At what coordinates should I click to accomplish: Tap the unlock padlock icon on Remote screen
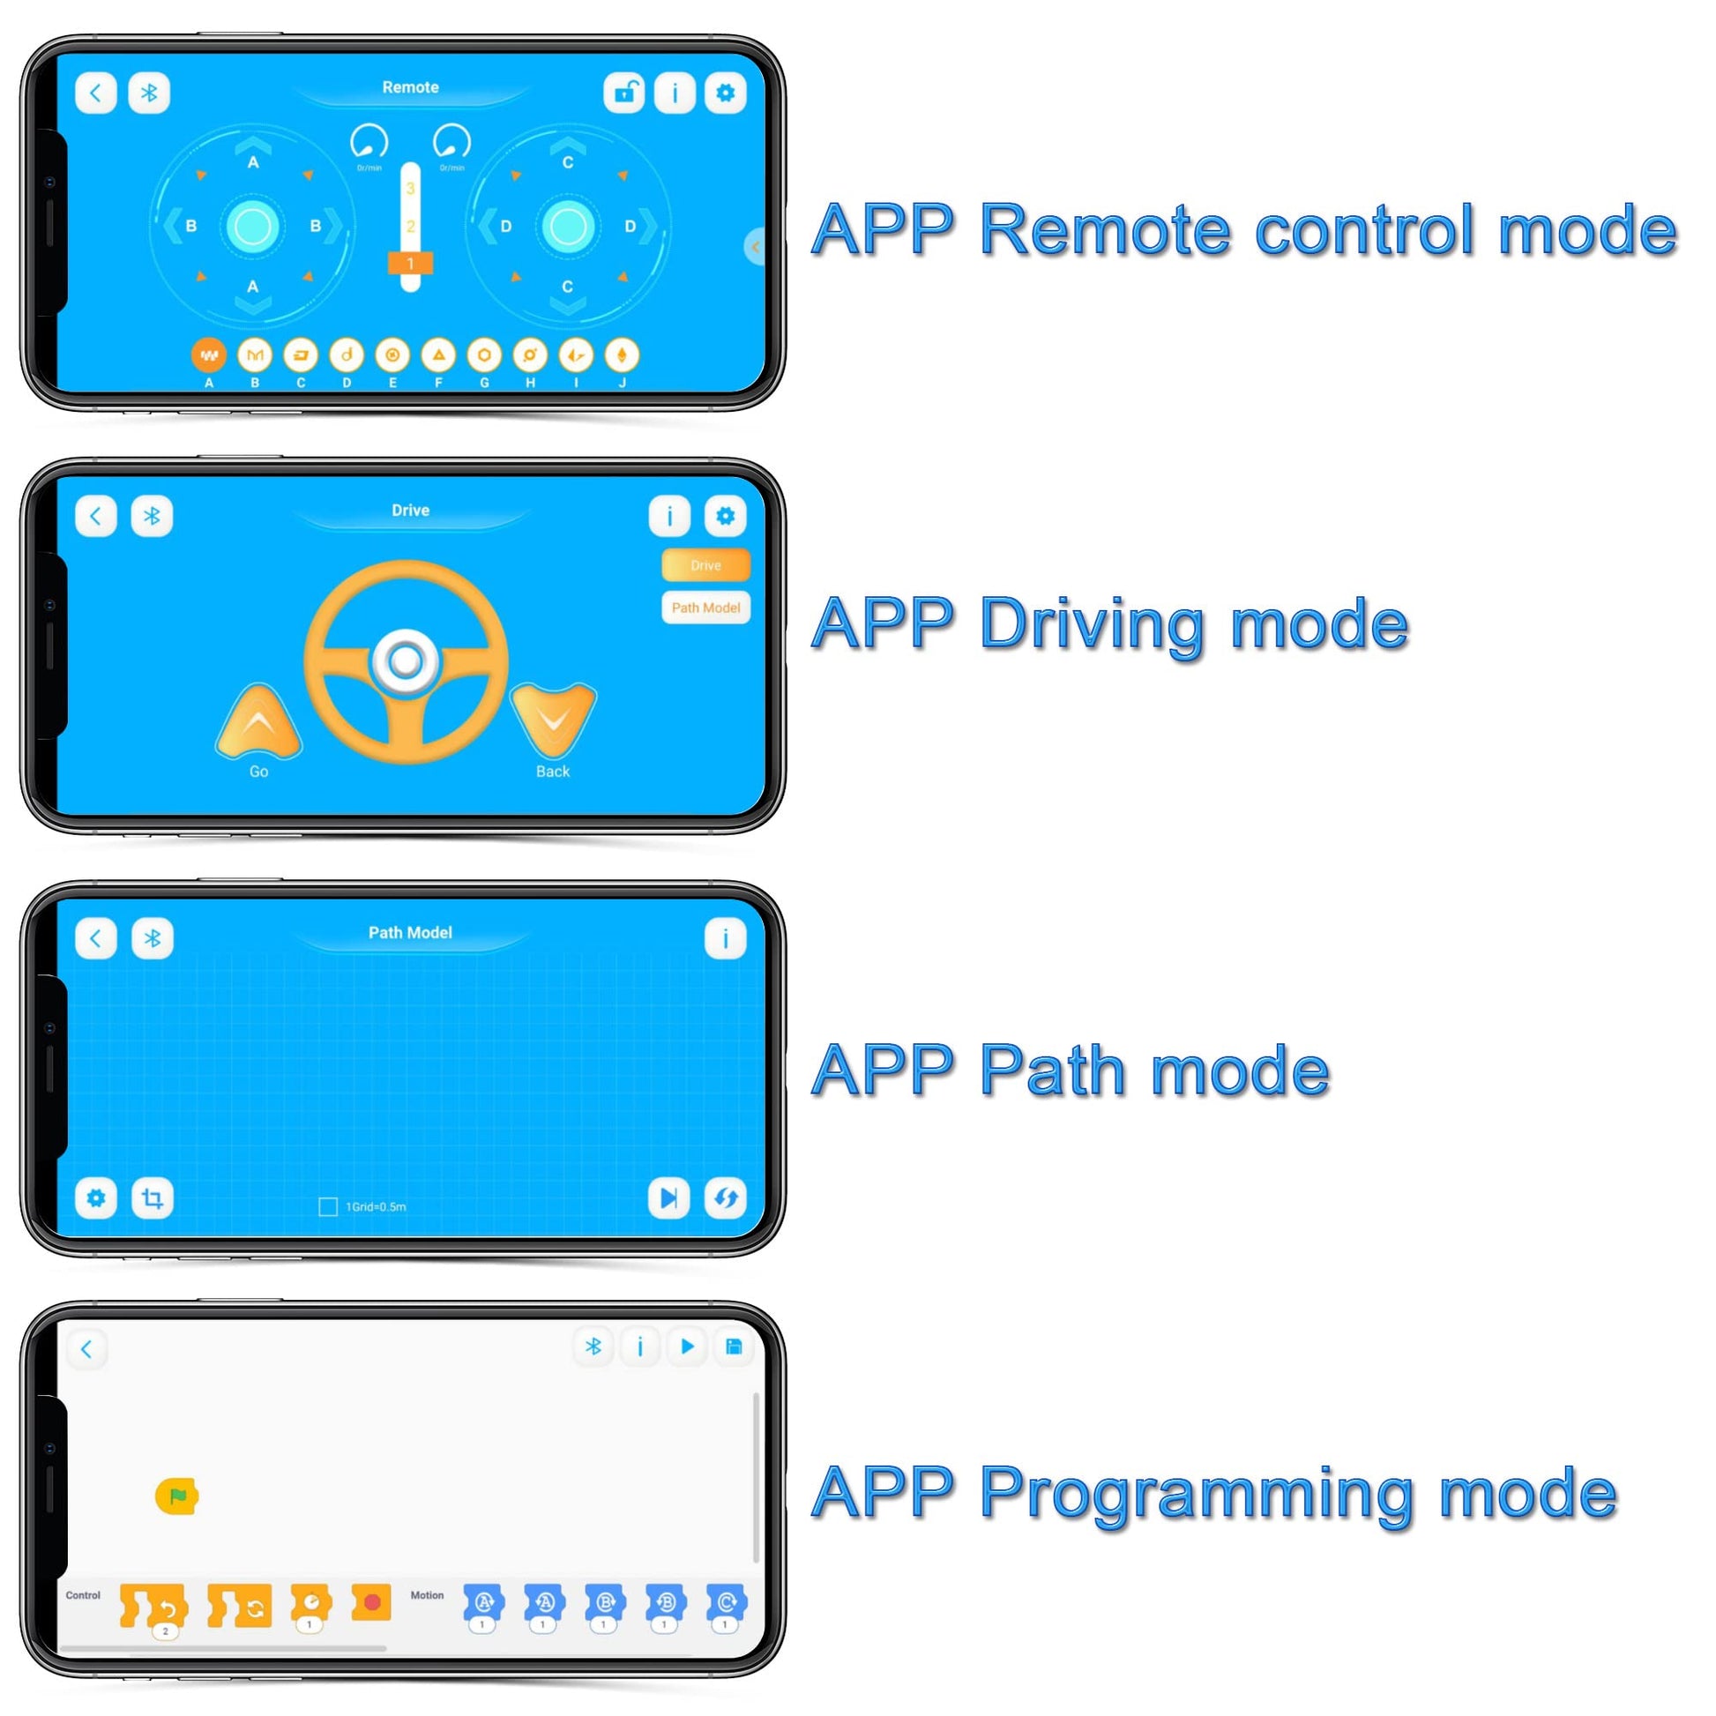(624, 93)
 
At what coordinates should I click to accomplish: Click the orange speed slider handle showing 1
(410, 263)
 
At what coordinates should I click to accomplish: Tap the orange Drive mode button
(705, 565)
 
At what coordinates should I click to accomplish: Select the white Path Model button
(705, 608)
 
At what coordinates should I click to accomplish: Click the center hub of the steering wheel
(406, 660)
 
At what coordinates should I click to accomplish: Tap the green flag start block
(176, 1496)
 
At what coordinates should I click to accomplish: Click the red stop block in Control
(371, 1602)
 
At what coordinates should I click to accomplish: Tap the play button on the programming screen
(687, 1347)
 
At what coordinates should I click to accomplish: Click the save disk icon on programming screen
(734, 1347)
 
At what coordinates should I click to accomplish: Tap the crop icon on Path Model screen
(153, 1198)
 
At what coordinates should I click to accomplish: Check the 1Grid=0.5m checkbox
(328, 1206)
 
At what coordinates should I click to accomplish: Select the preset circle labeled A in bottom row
(209, 355)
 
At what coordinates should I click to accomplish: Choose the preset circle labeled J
(622, 355)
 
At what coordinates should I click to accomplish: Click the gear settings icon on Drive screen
(725, 516)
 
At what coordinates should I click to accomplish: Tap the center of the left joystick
(253, 227)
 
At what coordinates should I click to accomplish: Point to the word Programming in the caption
(1198, 1494)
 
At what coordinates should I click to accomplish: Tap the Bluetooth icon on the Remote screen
(149, 93)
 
